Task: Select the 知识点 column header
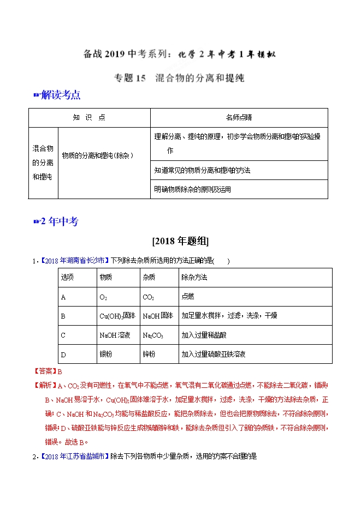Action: pos(89,117)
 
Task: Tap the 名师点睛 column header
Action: pos(239,117)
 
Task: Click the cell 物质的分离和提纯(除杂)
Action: pos(97,155)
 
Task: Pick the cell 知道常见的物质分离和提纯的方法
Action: pos(202,170)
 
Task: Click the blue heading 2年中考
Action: pos(59,221)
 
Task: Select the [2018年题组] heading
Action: pos(180,241)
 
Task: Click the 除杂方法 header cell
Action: pos(194,277)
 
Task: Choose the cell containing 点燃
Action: pos(187,297)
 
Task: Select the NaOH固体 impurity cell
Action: pos(157,316)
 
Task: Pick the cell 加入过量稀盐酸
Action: pos(206,335)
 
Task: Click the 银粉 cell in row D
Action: pos(105,354)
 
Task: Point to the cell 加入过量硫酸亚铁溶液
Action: pos(214,354)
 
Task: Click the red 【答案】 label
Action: pos(45,371)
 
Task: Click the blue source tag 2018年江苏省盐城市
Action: pos(75,455)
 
